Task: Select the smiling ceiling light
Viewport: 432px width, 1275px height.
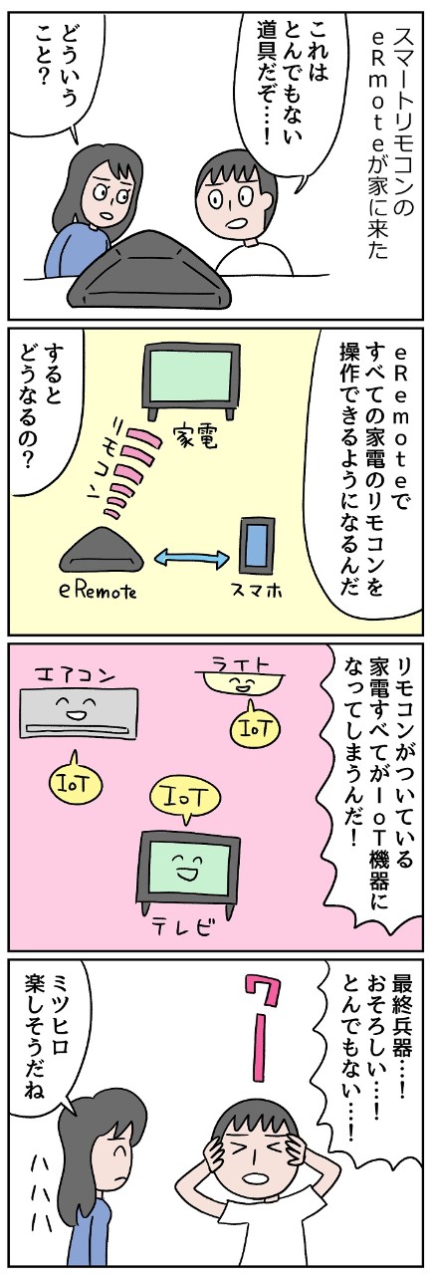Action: pos(235,684)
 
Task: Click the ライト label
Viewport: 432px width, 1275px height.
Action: pos(237,661)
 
